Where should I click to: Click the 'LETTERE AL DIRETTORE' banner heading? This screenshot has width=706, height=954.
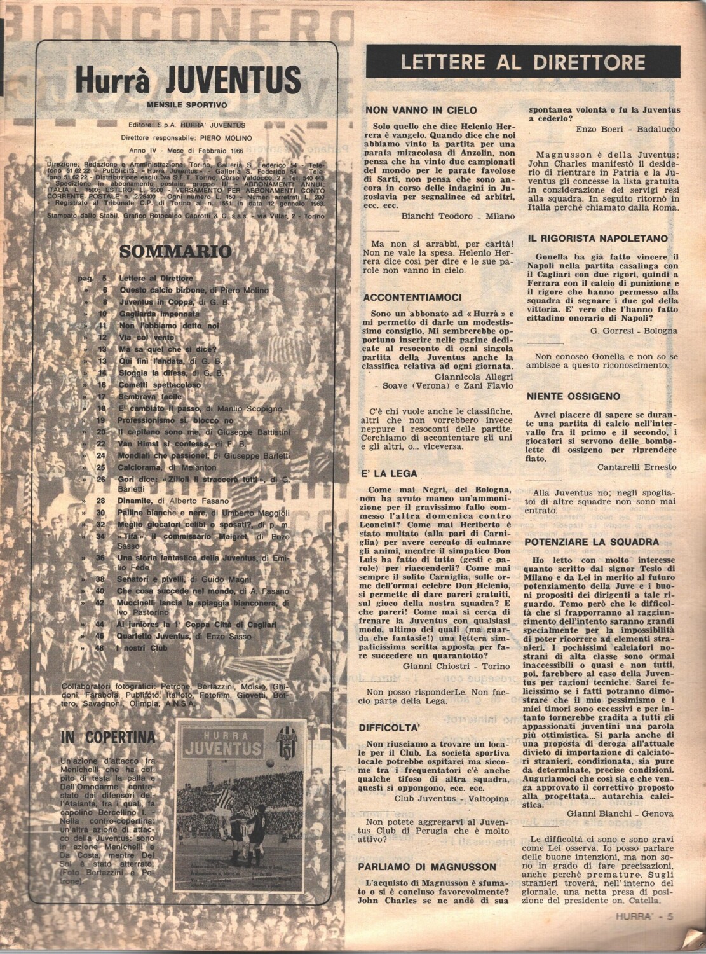(523, 62)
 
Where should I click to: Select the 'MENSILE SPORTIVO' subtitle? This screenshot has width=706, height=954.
(187, 105)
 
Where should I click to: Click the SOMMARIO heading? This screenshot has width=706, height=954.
(175, 251)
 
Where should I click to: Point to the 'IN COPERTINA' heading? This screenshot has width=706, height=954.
(108, 737)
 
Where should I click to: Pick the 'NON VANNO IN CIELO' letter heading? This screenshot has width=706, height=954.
(421, 110)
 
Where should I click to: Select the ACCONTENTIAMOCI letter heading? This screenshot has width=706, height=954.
(412, 297)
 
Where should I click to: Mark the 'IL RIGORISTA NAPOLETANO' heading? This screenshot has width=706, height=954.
(597, 238)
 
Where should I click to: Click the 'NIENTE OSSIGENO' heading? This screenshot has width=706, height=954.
(573, 396)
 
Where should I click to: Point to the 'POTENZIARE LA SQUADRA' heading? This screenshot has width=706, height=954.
(592, 543)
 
